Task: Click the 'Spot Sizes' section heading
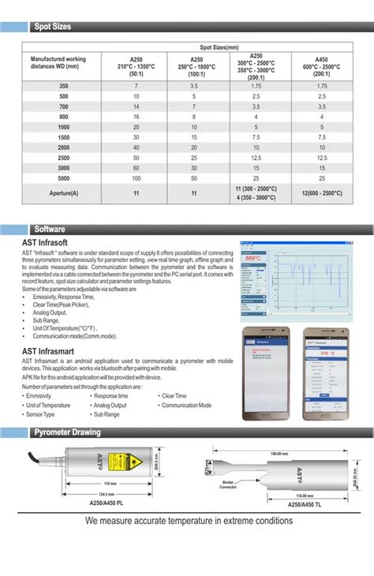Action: [x=52, y=27]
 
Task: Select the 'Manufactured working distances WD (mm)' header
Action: [x=58, y=62]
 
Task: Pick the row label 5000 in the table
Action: [x=62, y=178]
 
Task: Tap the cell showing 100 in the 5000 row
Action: [x=137, y=178]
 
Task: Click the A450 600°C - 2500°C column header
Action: [x=321, y=62]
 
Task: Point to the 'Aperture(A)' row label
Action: [x=62, y=193]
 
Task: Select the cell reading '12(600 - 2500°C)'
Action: [x=321, y=193]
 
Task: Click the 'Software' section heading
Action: [x=49, y=229]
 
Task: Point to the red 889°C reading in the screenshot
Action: [x=253, y=258]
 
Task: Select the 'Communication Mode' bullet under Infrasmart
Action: [x=186, y=405]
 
